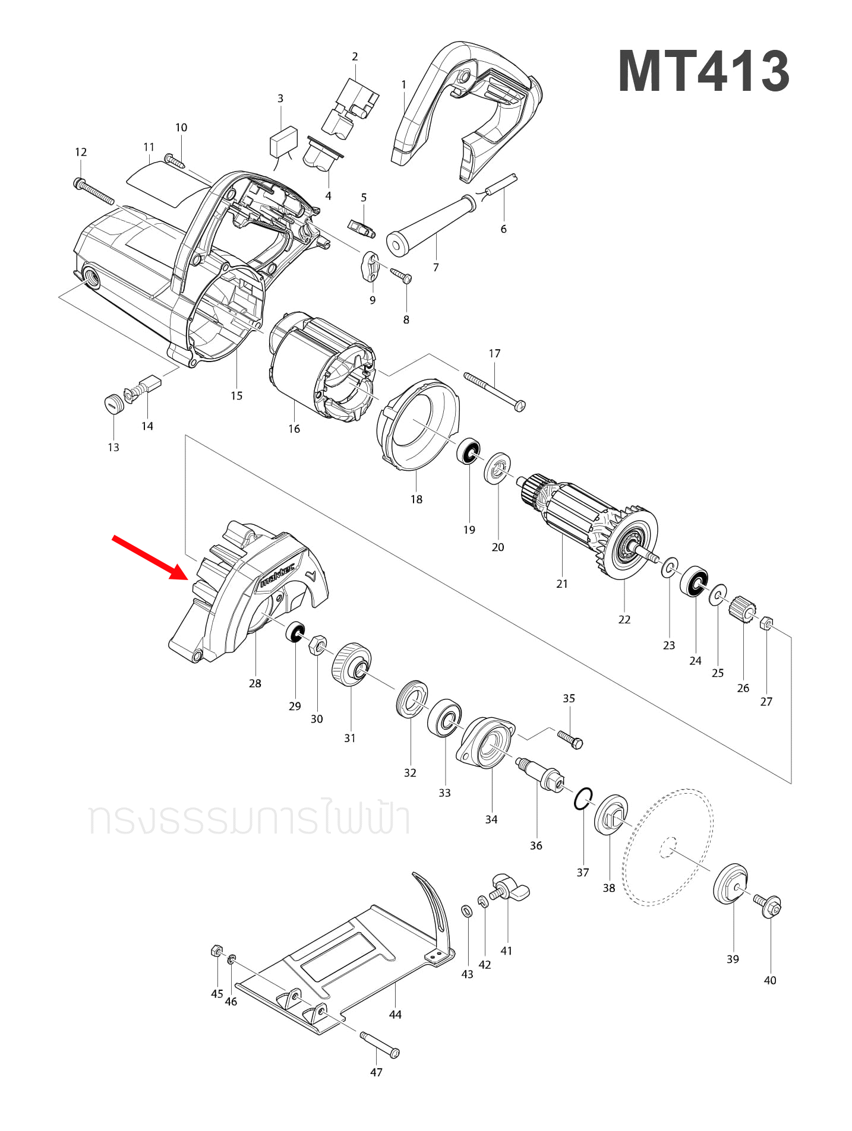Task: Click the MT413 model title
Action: tap(703, 72)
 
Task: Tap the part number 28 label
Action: tap(255, 683)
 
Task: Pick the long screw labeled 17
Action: tap(493, 390)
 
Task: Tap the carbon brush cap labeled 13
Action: tap(113, 404)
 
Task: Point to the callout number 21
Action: tap(562, 584)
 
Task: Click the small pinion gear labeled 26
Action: tap(743, 609)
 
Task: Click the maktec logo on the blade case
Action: tap(277, 575)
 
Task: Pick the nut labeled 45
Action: tap(216, 951)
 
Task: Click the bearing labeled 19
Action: tap(469, 452)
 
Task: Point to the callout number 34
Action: tap(491, 819)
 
